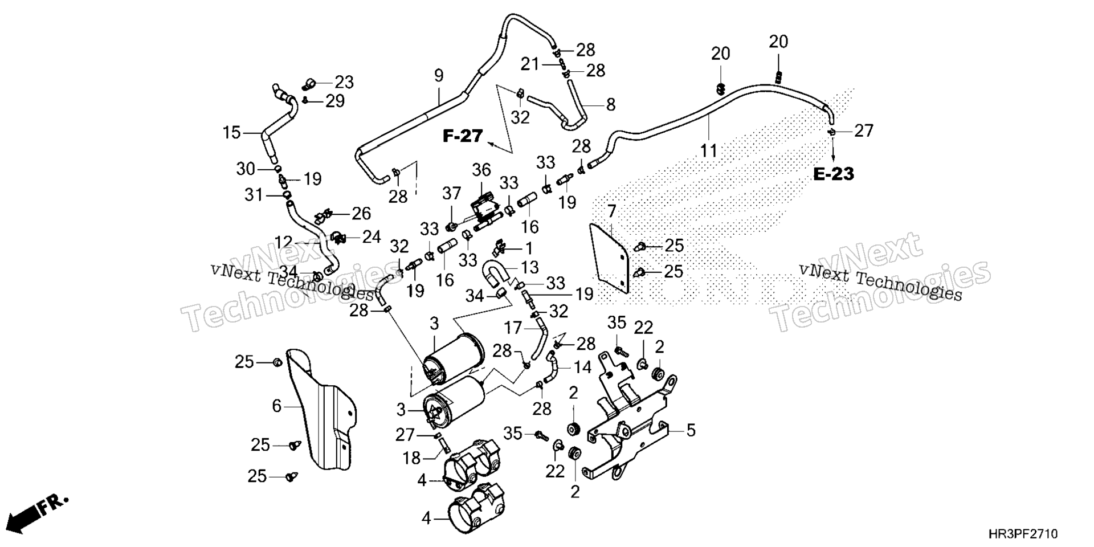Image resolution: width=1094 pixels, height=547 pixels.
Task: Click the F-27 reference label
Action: tap(463, 136)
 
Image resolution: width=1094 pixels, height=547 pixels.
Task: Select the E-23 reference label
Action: tap(833, 174)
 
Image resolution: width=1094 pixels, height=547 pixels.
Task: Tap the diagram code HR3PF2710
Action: tap(1023, 534)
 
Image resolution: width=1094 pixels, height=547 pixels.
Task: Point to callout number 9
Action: tap(438, 75)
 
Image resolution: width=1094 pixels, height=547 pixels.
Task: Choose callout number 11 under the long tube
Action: tap(709, 151)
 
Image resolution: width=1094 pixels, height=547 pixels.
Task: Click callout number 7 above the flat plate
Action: tap(611, 211)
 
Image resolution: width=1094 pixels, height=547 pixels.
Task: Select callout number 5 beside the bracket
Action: tap(691, 430)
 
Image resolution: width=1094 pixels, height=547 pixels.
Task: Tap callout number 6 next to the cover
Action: tap(277, 406)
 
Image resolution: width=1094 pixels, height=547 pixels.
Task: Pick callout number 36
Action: tap(481, 170)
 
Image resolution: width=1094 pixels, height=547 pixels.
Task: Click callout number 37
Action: tap(451, 193)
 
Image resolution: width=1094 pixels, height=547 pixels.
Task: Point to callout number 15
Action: tap(232, 133)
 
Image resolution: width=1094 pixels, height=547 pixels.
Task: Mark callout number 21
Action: tap(530, 64)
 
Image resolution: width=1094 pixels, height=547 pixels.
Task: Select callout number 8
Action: tap(611, 104)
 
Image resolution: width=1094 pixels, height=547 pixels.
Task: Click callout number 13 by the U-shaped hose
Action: tap(529, 267)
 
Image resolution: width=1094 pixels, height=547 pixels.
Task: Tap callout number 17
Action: tap(513, 328)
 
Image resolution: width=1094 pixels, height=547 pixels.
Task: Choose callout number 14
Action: tap(582, 368)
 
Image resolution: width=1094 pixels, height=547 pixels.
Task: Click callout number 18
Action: tap(412, 458)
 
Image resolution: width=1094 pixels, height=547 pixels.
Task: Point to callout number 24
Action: tap(372, 236)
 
